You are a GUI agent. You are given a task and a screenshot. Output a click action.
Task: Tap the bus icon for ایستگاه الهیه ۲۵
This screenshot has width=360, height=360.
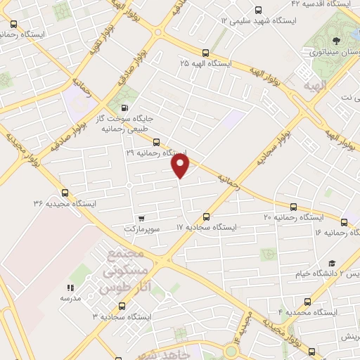pyautogui.click(x=205, y=53)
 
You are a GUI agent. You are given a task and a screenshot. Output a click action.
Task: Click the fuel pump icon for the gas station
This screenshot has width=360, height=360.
pyautogui.click(x=124, y=108)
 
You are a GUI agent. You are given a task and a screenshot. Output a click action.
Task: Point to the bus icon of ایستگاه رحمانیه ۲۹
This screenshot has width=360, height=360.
pyautogui.click(x=156, y=141)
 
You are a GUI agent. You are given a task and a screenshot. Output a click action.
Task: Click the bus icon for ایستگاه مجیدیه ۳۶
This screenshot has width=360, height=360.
pyautogui.click(x=65, y=192)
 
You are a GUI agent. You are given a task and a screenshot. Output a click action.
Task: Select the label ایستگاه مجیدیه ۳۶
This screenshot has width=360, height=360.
pyautogui.click(x=65, y=203)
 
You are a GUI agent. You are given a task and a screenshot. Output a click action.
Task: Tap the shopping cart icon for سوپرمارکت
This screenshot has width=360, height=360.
pyautogui.click(x=143, y=219)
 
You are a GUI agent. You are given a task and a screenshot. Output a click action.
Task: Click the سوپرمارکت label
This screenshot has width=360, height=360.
pyautogui.click(x=143, y=229)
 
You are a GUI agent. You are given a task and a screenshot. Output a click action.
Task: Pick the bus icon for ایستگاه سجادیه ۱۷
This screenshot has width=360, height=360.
pyautogui.click(x=206, y=217)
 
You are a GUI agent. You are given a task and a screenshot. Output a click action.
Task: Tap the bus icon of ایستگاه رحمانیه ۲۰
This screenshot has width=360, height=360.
pyautogui.click(x=293, y=207)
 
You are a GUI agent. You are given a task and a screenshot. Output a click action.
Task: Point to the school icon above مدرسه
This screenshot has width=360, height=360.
pyautogui.click(x=70, y=288)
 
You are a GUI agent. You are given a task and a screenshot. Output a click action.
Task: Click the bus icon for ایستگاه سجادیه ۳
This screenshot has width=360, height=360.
pyautogui.click(x=122, y=306)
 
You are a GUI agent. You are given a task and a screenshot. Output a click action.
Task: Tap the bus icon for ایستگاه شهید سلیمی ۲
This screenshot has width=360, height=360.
pyautogui.click(x=258, y=11)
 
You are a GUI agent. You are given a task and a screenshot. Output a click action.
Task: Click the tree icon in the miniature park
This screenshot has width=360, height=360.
pyautogui.click(x=340, y=40)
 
